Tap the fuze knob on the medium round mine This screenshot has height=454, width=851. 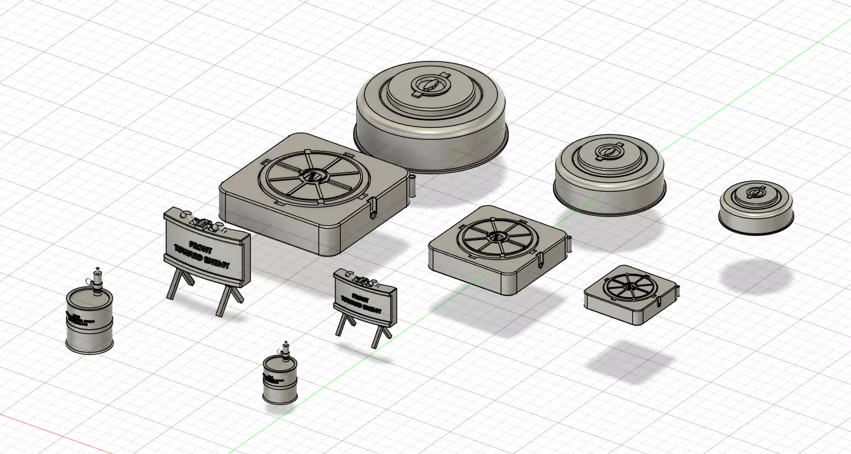click(609, 151)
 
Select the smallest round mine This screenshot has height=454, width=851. click(755, 206)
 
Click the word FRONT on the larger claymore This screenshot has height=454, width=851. click(201, 245)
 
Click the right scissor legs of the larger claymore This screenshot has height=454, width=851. click(229, 299)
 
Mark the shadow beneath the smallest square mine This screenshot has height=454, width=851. click(630, 362)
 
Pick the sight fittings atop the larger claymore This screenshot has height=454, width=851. click(203, 221)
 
